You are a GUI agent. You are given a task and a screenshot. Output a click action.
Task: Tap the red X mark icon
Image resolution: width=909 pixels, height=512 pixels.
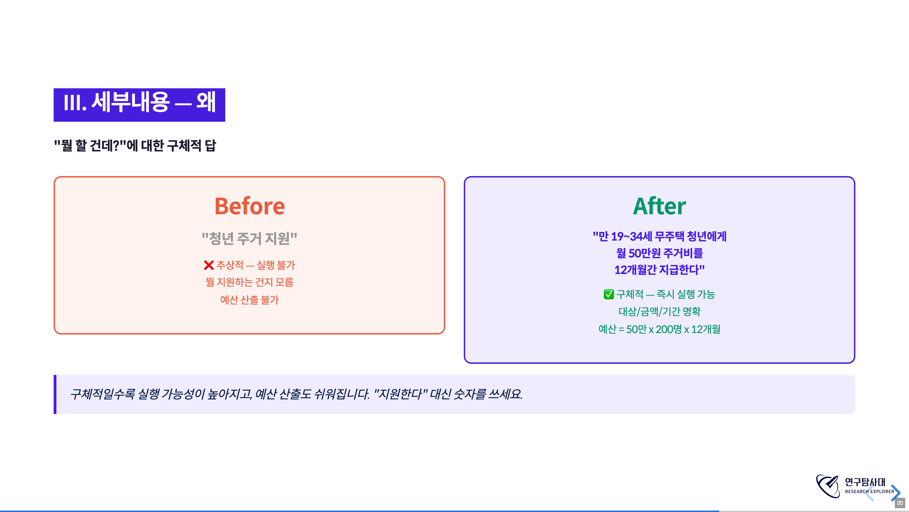pyautogui.click(x=209, y=265)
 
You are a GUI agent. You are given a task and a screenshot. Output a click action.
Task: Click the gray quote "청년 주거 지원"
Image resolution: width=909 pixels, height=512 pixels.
pyautogui.click(x=250, y=238)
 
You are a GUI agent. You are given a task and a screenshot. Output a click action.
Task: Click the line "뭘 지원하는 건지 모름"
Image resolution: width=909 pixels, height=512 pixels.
pyautogui.click(x=250, y=282)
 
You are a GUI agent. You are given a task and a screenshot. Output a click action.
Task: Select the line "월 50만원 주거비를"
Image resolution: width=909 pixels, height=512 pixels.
pyautogui.click(x=659, y=253)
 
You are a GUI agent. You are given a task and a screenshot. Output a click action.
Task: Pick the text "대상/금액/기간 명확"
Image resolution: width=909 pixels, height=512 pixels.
pyautogui.click(x=659, y=311)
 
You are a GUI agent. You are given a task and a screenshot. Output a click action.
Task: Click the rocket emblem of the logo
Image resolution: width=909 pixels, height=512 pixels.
pyautogui.click(x=828, y=486)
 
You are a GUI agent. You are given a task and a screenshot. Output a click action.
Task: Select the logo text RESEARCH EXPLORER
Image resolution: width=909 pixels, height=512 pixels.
pyautogui.click(x=869, y=492)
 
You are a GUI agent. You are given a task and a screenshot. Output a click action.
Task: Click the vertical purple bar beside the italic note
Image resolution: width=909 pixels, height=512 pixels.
pyautogui.click(x=55, y=394)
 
